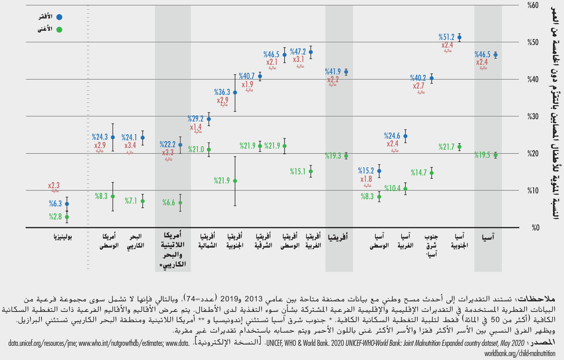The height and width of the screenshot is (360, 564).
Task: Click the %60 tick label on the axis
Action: [x=533, y=5]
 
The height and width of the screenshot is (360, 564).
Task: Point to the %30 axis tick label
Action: [x=533, y=116]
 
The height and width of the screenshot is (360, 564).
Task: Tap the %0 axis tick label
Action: [x=535, y=228]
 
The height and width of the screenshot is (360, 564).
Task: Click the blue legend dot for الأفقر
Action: [x=59, y=17]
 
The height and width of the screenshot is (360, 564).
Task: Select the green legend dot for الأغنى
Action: [x=59, y=30]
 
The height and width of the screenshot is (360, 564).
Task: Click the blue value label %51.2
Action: [x=446, y=37]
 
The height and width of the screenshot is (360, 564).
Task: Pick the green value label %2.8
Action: [x=55, y=217]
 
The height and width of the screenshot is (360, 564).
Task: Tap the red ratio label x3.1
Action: [x=298, y=59]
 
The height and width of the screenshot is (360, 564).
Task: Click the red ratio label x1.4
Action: [x=196, y=127]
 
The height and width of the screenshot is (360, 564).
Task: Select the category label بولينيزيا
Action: [x=63, y=237]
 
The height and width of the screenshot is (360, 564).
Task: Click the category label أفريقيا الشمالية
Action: [x=208, y=241]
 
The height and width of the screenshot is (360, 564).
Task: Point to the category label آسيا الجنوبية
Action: [x=459, y=241]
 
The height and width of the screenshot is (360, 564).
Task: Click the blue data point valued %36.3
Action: [x=235, y=92]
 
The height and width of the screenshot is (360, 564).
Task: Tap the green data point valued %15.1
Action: [x=311, y=172]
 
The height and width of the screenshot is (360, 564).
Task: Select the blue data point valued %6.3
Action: [x=67, y=204]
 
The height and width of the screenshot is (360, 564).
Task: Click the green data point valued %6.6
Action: [x=180, y=203]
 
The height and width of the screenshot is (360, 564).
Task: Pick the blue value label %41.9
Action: [x=333, y=72]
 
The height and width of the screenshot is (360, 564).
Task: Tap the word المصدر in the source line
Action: [x=544, y=343]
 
